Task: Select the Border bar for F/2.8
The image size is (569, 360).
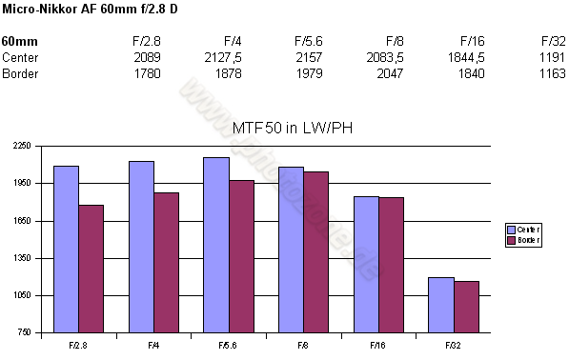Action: point(91,269)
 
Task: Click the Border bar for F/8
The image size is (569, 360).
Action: point(315,252)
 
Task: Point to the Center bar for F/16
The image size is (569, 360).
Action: point(366,265)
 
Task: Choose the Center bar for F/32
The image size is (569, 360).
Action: point(440,305)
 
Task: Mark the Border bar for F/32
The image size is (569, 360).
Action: point(465,307)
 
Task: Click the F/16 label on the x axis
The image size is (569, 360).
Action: point(378,342)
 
